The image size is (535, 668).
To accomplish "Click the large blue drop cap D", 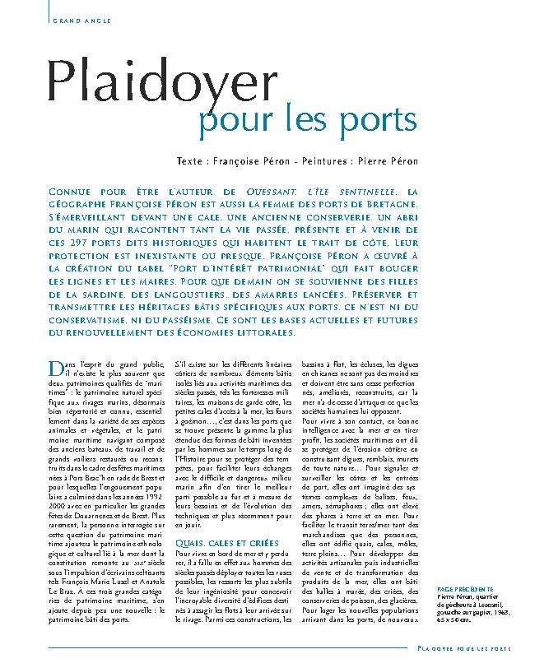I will coord(56,367).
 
